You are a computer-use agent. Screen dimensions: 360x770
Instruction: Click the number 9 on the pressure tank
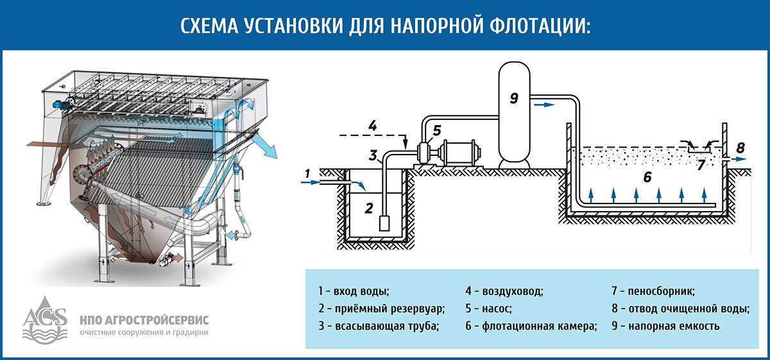(x=513, y=98)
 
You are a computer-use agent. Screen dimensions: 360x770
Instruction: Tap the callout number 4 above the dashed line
(x=372, y=125)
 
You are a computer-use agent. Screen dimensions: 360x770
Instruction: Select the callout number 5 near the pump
(x=436, y=130)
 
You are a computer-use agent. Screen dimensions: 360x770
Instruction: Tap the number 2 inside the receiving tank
(x=368, y=207)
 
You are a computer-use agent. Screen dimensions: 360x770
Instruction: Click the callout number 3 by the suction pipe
(x=372, y=155)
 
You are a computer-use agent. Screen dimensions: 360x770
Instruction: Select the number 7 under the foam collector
(x=701, y=164)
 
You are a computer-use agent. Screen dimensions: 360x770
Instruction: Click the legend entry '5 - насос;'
(x=488, y=309)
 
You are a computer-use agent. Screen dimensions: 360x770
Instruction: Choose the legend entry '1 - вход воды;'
(x=354, y=291)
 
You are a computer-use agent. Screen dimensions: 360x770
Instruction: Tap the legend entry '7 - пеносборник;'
(x=653, y=291)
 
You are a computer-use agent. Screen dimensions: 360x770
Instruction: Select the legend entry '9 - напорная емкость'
(x=665, y=326)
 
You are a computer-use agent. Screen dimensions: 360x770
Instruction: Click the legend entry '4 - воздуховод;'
(x=504, y=291)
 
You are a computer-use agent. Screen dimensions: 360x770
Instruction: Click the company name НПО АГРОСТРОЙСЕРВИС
(x=144, y=320)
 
